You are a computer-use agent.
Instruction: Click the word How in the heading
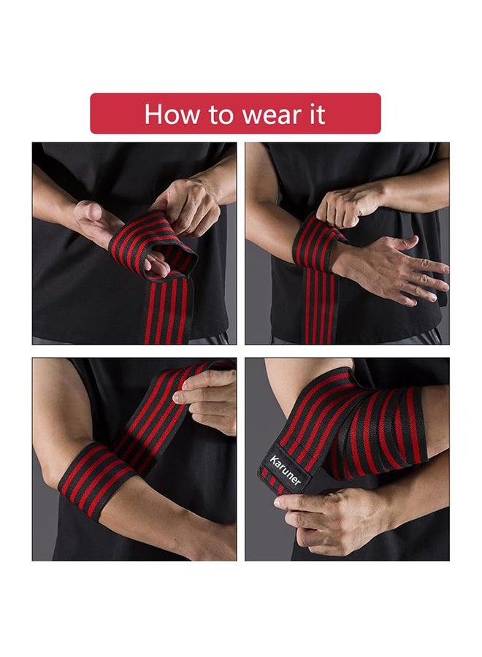(x=172, y=114)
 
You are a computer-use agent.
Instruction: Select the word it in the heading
(x=317, y=114)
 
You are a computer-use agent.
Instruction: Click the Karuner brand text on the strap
(x=285, y=470)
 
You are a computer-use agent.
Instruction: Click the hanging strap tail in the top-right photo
(x=319, y=306)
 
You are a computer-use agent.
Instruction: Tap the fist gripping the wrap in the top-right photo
(x=348, y=207)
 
